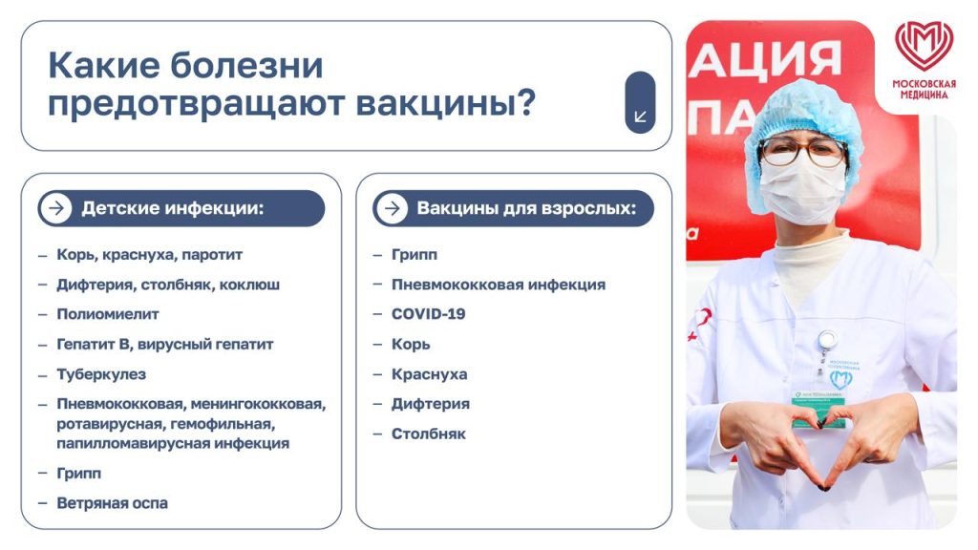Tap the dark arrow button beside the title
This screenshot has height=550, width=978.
pos(640,102)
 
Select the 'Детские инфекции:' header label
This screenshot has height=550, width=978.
pos(172,208)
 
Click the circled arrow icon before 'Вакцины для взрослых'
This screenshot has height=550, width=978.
pos(391,208)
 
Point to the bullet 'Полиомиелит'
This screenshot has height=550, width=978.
pos(108,314)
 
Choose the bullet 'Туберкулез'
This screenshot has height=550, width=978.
pos(101,374)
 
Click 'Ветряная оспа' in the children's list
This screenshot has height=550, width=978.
pos(113,503)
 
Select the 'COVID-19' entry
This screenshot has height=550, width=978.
pos(428,314)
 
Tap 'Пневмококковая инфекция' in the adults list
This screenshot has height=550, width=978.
pos(498,285)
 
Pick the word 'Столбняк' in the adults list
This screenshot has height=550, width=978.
pos(429,434)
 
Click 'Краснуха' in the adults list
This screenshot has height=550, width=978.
pos(429,374)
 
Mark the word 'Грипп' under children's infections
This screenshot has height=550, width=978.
pos(79,473)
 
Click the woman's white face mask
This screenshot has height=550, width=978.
pos(802,187)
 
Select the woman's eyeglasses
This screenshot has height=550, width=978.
pos(801,152)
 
